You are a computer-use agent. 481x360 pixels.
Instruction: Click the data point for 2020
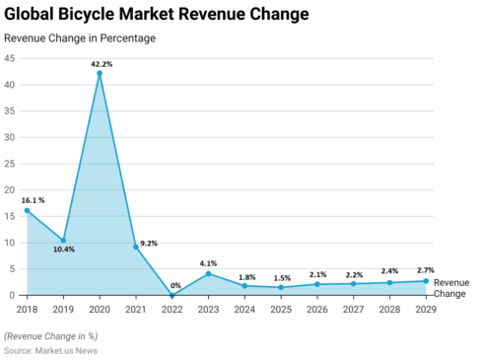[100, 73]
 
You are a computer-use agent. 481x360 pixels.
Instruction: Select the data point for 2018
[27, 210]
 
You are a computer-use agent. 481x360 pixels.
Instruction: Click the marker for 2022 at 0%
[172, 295]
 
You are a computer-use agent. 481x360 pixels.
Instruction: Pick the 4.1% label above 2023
[208, 262]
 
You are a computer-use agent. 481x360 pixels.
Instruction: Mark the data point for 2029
[426, 281]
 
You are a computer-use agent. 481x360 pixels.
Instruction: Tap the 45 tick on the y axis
[9, 58]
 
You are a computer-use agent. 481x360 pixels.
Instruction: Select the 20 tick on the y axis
[9, 189]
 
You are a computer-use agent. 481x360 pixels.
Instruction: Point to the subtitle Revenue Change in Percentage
[80, 38]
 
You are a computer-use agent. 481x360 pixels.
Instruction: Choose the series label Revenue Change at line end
[451, 288]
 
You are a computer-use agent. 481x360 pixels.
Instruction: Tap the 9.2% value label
[150, 243]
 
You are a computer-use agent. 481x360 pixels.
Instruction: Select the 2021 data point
[136, 247]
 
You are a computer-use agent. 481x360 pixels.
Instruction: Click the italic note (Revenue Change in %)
[57, 333]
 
